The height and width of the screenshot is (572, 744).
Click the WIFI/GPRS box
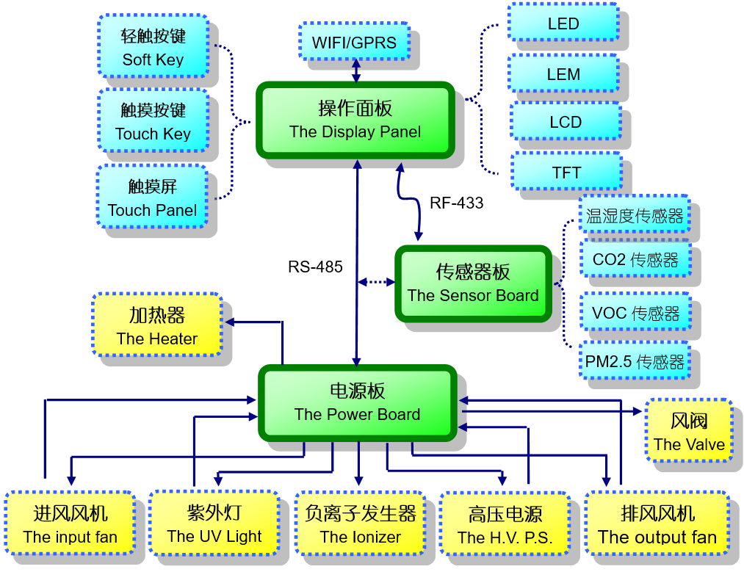[x=353, y=42]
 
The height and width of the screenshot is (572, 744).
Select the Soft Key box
[x=153, y=47]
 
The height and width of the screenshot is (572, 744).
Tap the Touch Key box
[x=153, y=121]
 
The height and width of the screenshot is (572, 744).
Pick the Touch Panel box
[x=152, y=198]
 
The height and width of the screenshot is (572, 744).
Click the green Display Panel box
[x=355, y=120]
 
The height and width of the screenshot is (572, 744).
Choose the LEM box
[x=563, y=73]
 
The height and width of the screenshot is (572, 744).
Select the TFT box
[x=566, y=173]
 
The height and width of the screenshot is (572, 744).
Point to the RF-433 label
[x=456, y=203]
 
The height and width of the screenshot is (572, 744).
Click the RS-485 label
[x=315, y=267]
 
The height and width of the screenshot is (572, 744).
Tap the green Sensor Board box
[x=473, y=283]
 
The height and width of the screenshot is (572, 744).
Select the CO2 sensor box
[x=635, y=259]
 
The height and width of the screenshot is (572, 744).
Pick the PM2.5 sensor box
[x=635, y=361]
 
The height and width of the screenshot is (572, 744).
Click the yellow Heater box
[x=157, y=326]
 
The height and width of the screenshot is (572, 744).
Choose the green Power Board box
[x=357, y=402]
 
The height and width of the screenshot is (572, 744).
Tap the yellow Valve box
[x=689, y=431]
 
